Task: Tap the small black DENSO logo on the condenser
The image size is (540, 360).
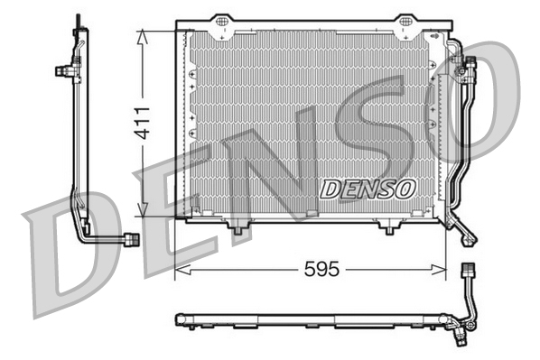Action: point(367,189)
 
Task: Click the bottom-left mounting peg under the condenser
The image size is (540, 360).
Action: point(237,230)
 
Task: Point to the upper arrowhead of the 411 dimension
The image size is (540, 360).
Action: point(141,34)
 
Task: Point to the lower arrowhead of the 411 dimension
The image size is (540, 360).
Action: point(141,213)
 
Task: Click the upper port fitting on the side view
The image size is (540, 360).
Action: point(65,69)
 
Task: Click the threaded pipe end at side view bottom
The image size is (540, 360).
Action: point(131,238)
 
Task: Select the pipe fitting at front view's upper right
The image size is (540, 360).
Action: point(468,65)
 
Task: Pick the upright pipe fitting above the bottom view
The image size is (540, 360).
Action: point(467,271)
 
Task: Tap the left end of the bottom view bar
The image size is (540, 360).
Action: point(178,318)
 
